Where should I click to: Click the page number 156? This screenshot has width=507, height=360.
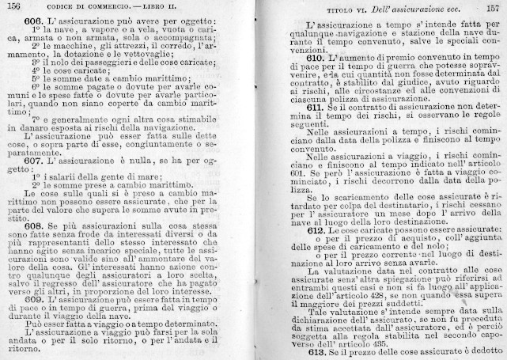coord(13,6)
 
